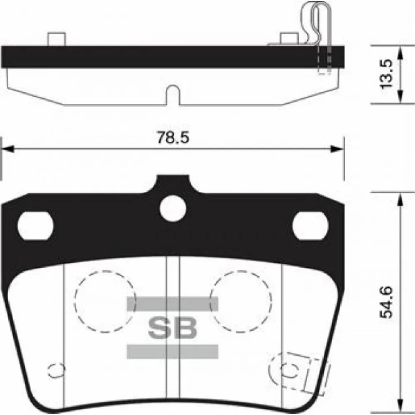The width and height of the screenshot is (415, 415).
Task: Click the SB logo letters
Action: pyautogui.click(x=172, y=328)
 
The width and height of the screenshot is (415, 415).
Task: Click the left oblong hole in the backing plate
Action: pyautogui.click(x=35, y=226)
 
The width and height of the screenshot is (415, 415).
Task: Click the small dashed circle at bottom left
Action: pyautogui.click(x=56, y=369)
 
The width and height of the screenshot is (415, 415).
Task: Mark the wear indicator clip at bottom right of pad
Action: pyautogui.click(x=297, y=367)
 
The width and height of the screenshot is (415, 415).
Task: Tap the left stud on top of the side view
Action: pyautogui.click(x=56, y=39)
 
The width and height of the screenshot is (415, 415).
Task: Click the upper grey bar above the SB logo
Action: pyautogui.click(x=172, y=304)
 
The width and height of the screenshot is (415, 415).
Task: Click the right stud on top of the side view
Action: pyautogui.click(x=289, y=39)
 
